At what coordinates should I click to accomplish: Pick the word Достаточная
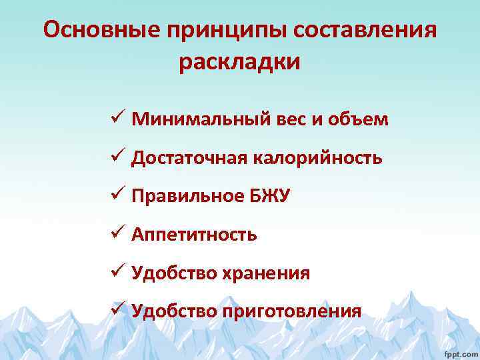[190, 158]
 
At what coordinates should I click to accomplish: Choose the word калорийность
[318, 158]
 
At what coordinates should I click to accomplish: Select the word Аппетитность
[194, 235]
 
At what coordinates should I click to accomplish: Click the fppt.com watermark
[461, 351]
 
